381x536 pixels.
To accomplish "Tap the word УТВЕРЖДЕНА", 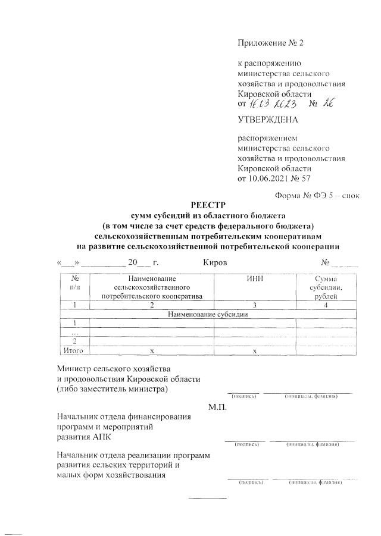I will (267, 120).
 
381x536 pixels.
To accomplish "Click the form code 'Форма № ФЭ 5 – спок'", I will (316, 195).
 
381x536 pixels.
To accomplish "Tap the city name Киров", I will (215, 262).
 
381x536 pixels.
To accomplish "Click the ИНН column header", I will (254, 278).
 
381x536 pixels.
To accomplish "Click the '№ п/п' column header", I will (75, 283).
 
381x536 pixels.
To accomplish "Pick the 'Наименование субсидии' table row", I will (207, 314).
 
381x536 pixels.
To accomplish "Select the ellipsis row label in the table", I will (75, 333).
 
